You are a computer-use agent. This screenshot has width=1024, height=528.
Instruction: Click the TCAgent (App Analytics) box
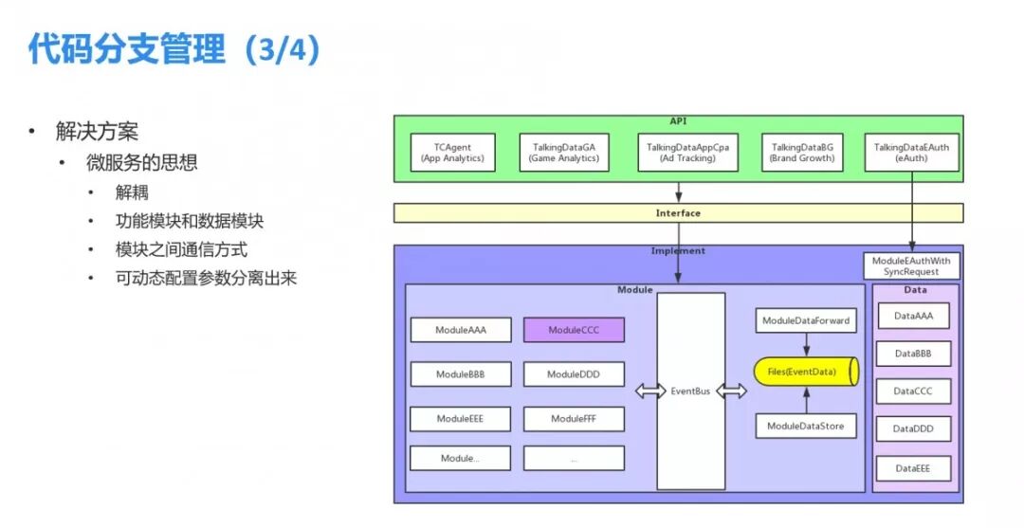pos(452,153)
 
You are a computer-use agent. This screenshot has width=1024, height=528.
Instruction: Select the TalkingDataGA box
pos(564,153)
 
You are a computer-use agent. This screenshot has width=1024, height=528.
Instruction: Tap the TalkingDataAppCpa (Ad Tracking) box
pos(679,153)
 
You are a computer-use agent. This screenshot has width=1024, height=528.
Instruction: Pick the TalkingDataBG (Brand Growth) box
pos(802,153)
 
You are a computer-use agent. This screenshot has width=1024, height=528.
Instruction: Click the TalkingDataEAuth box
pos(911,153)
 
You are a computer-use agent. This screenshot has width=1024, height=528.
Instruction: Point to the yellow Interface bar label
pos(678,213)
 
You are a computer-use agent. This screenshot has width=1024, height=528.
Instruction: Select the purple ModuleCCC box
pos(574,330)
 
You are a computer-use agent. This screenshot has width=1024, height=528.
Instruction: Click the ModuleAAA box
pos(461,330)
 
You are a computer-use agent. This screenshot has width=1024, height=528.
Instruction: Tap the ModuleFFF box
pos(574,419)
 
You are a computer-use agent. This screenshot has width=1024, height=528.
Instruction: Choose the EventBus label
pos(690,391)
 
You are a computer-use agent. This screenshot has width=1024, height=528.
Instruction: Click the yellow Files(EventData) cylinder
pos(806,372)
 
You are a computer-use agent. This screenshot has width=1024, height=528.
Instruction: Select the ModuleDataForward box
pos(806,321)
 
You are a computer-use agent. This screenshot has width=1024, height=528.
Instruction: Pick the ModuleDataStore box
pos(806,427)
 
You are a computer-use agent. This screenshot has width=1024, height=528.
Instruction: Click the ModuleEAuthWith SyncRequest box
pos(911,265)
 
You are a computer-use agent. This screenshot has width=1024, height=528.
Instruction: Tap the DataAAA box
pos(912,316)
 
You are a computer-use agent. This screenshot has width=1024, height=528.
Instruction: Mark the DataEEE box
pos(912,468)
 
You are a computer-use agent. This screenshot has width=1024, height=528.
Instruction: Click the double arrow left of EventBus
pos(650,391)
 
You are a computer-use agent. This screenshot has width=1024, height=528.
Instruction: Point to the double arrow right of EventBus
pos(731,391)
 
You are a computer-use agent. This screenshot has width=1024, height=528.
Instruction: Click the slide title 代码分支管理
pos(127,49)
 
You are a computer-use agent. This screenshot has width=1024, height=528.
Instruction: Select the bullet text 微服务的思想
pos(142,162)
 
